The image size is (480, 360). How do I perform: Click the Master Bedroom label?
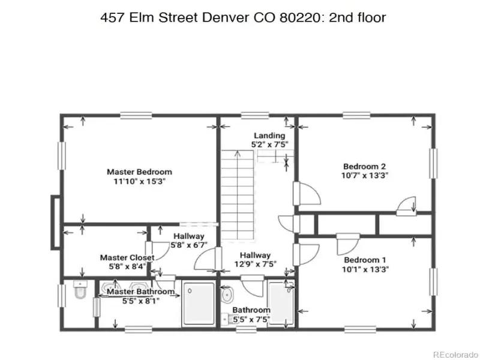tap(139, 172)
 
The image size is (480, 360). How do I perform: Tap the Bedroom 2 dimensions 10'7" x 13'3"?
tap(365, 175)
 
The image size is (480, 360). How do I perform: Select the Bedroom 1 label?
tap(365, 260)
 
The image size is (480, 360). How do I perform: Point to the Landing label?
tap(269, 136)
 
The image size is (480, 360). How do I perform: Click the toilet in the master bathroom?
tap(80, 289)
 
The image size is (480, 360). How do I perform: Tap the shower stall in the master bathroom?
tap(199, 304)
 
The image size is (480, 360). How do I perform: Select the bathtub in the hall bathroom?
tap(281, 303)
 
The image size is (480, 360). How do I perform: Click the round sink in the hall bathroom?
tap(227, 295)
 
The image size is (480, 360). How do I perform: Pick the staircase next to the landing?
tap(238, 196)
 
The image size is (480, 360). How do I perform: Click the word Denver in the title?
tap(225, 17)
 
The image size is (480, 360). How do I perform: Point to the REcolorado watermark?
tap(456, 355)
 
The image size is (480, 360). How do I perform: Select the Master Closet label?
tap(127, 257)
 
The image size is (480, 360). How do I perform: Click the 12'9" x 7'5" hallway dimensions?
tap(256, 263)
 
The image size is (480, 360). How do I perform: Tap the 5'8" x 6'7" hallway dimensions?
tap(189, 245)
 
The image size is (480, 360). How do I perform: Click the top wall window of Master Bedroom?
tap(136, 115)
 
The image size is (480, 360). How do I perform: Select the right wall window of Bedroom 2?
tap(433, 163)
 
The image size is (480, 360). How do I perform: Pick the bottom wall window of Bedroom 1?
tap(360, 329)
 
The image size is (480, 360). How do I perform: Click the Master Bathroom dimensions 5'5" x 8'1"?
tap(141, 301)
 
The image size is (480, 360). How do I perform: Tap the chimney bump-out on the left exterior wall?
tap(56, 222)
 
